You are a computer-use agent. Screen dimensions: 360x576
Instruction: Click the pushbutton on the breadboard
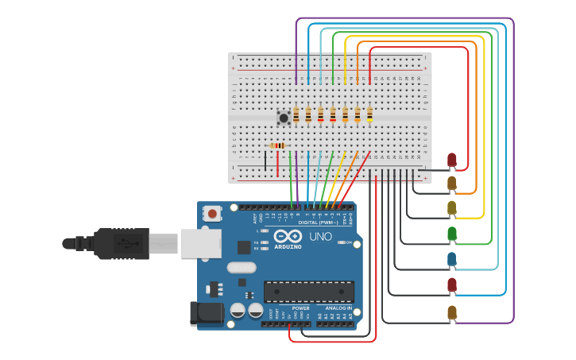pos(284,118)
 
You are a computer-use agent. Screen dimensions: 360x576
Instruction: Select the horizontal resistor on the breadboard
pos(277,145)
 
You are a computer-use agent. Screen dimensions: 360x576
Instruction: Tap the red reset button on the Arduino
pos(212,213)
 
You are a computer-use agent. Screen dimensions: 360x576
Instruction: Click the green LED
pos(452,234)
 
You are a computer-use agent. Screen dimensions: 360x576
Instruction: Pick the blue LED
pos(452,259)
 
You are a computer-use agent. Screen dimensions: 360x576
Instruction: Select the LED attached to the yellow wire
pos(452,208)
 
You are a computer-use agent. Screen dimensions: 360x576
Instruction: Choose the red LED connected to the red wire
pos(452,160)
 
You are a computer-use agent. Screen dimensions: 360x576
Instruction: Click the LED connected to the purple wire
pos(452,312)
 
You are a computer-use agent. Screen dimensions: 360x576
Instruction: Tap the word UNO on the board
pos(320,237)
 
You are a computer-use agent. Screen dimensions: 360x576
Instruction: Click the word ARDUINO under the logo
pos(287,246)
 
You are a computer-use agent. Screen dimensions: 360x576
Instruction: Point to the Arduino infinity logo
pos(287,236)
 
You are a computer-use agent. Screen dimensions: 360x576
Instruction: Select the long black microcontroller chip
pos(309,292)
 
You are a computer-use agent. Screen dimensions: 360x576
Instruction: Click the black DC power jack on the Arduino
pos(206,313)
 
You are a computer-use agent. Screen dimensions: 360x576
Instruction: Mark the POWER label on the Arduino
pos(300,308)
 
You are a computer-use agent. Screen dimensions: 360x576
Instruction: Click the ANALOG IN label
pos(338,308)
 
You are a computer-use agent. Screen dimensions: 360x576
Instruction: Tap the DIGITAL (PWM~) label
pos(318,223)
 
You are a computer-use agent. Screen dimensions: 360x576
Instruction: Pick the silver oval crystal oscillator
pos(242,268)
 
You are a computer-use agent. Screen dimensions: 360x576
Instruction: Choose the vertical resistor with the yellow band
pos(369,114)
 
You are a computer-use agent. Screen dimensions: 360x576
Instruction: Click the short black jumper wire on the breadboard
pos(265,161)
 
